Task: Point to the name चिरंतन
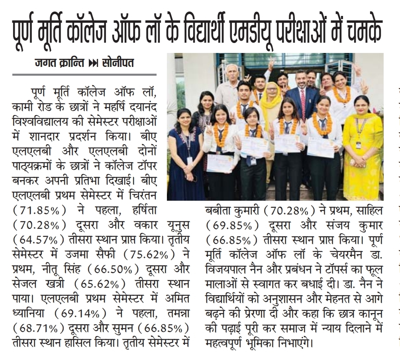tap(173, 195)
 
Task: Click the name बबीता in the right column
tap(218, 210)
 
